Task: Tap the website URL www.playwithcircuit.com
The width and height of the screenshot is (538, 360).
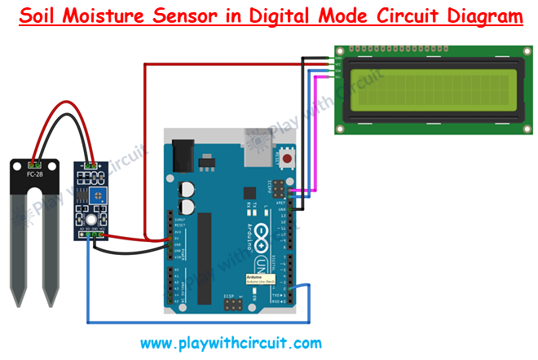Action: pos(231,343)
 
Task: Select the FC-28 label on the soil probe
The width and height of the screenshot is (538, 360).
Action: pos(34,174)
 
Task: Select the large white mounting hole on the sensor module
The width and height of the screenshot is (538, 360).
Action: pos(90,222)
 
